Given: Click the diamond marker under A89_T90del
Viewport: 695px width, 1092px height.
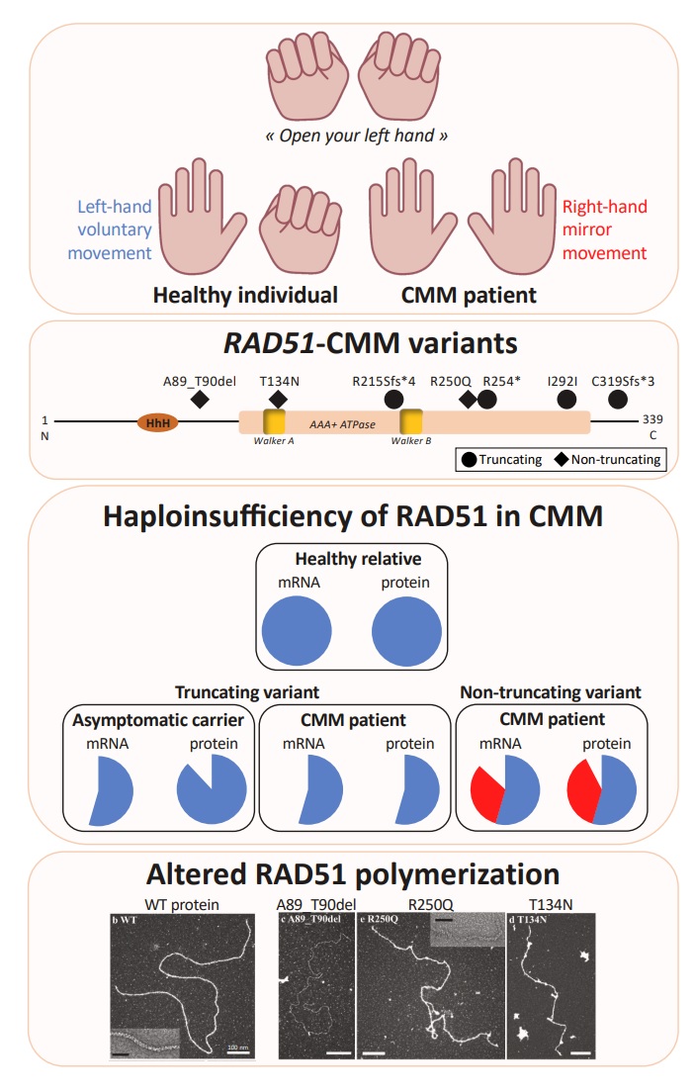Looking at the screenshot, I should [199, 399].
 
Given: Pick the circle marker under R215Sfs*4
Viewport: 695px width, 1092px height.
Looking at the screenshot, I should [392, 399].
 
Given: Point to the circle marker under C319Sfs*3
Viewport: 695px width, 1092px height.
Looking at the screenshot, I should [618, 399].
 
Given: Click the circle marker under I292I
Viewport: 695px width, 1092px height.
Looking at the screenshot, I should [566, 399].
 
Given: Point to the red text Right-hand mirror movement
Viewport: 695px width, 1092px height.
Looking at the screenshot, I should [604, 230].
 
